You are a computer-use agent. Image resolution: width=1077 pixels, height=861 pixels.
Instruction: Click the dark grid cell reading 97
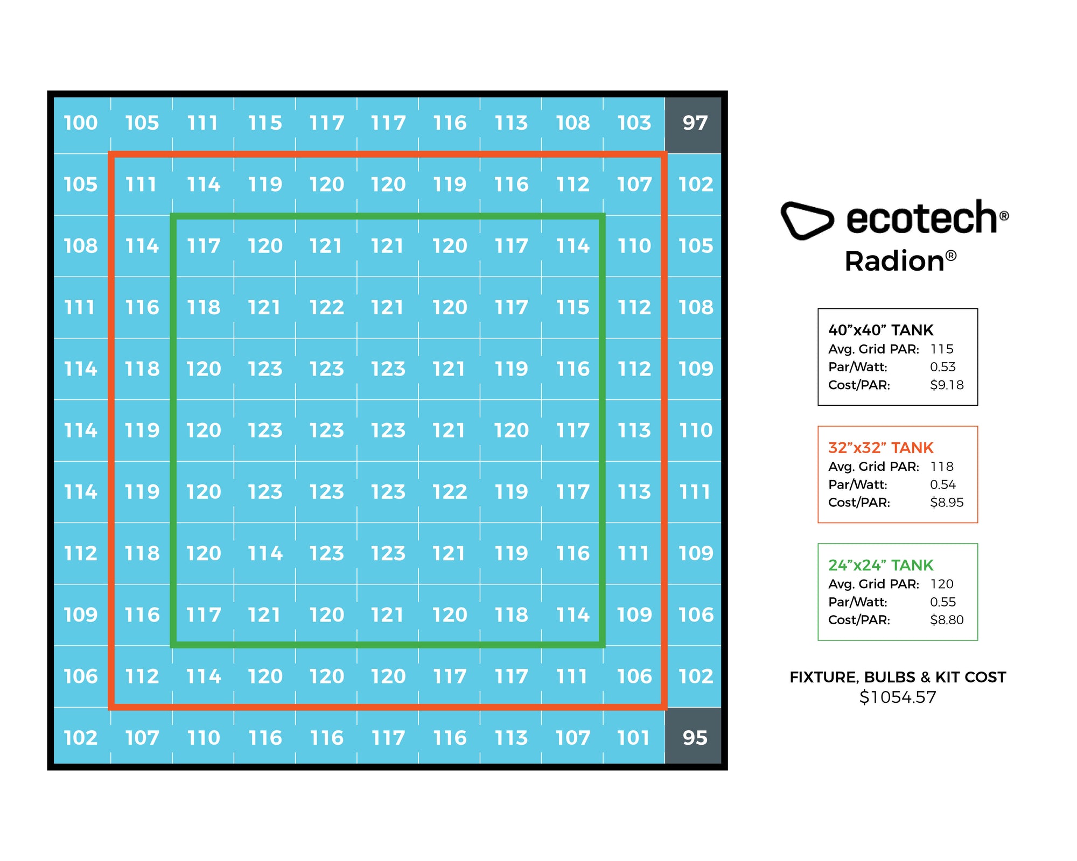(x=695, y=123)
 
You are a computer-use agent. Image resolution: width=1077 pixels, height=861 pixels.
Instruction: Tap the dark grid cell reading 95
(x=695, y=738)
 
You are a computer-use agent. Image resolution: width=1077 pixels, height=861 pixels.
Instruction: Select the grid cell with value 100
(x=81, y=123)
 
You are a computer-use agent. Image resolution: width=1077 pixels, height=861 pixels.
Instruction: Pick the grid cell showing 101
(x=634, y=738)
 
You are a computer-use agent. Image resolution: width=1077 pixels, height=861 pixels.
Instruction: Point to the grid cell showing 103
(x=634, y=123)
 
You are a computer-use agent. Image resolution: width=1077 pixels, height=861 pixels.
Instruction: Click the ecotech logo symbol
(x=807, y=220)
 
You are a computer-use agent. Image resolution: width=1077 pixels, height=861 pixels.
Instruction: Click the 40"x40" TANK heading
(x=880, y=330)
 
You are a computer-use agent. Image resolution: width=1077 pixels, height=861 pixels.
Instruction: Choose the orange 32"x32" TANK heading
(x=880, y=448)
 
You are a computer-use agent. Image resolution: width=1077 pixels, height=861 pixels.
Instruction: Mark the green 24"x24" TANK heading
(x=880, y=565)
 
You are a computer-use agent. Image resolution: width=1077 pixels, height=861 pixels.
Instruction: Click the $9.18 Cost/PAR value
(x=947, y=385)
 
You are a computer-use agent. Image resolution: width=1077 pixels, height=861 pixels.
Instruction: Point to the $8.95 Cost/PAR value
(x=947, y=502)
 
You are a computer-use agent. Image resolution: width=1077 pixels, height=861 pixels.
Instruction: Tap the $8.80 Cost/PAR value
(x=947, y=620)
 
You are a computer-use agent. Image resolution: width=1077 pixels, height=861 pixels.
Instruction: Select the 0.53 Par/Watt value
(x=943, y=367)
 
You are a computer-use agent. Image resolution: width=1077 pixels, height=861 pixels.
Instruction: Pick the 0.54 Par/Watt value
(x=943, y=484)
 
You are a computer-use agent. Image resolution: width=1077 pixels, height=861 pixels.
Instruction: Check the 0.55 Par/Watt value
(x=943, y=602)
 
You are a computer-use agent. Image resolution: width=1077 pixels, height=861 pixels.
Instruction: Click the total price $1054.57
(x=898, y=697)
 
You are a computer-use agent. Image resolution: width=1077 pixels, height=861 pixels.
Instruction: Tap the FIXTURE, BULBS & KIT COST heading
(x=898, y=677)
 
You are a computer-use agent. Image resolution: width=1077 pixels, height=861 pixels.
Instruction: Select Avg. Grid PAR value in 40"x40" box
(x=942, y=349)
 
